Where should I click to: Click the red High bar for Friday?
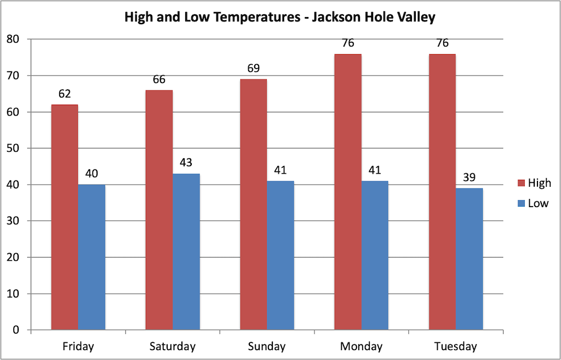click(x=65, y=217)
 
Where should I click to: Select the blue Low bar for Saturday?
click(x=186, y=252)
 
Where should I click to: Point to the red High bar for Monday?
click(x=348, y=192)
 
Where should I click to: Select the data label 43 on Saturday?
click(x=186, y=163)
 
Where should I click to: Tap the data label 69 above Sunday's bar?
click(x=254, y=69)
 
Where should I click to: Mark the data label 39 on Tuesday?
click(x=469, y=178)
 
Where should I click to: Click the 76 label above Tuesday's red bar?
click(x=442, y=43)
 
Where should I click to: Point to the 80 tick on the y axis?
click(x=13, y=39)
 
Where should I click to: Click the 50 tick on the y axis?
click(x=13, y=148)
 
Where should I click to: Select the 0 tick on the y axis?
click(x=16, y=330)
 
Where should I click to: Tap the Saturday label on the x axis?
click(x=173, y=347)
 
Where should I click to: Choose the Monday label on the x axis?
click(x=361, y=347)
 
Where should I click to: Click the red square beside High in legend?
click(x=520, y=183)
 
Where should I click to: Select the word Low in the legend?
click(x=538, y=203)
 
